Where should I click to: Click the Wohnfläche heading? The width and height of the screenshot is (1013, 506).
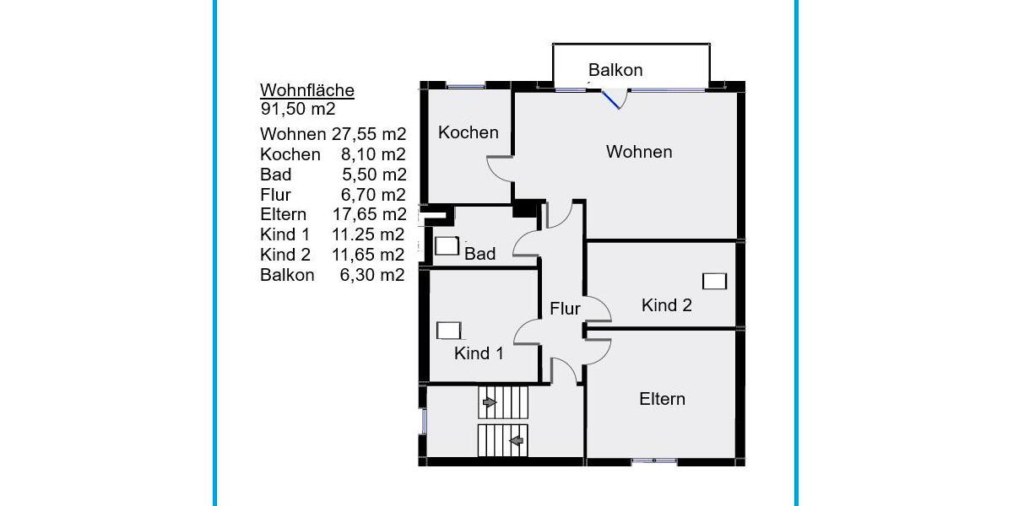pos(306,90)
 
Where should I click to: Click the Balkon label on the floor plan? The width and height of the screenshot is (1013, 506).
pos(615,70)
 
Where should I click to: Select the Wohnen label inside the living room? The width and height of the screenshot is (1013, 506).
pos(639,152)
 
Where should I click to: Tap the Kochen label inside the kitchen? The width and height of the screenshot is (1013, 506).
pos(468,132)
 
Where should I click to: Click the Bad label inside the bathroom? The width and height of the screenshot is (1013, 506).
pos(479,253)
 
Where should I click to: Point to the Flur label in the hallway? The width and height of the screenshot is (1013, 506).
pos(565,309)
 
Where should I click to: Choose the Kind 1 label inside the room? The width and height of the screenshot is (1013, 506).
pos(479,353)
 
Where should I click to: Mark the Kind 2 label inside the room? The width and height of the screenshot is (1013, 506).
pos(666,305)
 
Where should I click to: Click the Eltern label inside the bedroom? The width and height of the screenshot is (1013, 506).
pos(662,399)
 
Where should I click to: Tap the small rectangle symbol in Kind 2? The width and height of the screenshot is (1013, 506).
pos(714,281)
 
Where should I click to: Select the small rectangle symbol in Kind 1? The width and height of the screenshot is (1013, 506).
pos(448,331)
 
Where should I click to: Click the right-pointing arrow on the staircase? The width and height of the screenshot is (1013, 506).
pos(489,404)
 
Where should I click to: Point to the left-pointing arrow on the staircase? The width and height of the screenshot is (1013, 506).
pos(515,439)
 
